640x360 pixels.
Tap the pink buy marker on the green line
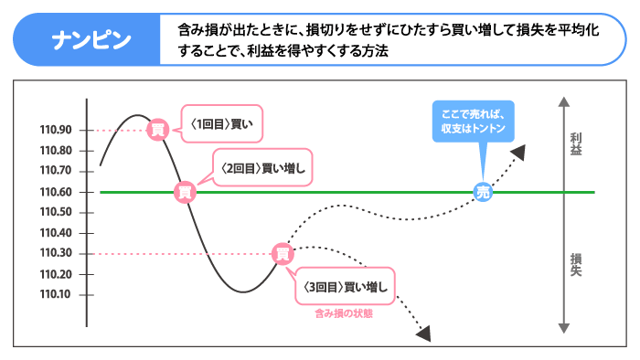tap(186, 192)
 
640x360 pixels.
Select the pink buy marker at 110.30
tap(283, 253)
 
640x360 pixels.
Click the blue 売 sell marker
tap(484, 192)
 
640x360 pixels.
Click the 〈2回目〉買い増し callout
tap(263, 167)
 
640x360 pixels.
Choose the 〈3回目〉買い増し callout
tap(345, 287)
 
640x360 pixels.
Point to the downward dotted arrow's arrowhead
tap(424, 334)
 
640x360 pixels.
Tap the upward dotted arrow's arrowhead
tap(519, 151)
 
